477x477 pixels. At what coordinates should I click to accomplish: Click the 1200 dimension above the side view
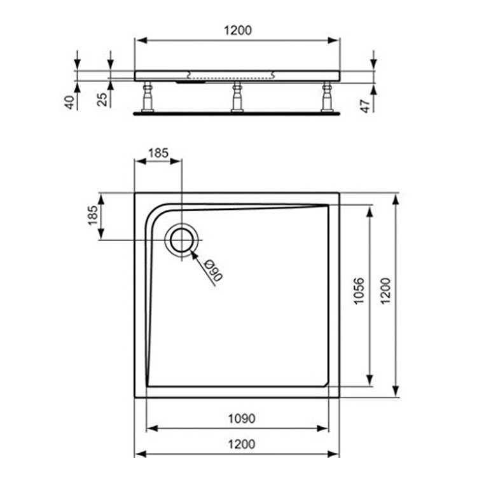click(237, 30)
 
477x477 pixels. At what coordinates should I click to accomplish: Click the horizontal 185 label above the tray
click(158, 153)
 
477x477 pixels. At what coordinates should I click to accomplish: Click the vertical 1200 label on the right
click(385, 294)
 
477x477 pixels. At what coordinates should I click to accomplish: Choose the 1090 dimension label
click(241, 418)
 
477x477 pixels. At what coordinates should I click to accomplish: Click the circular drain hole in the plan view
click(183, 240)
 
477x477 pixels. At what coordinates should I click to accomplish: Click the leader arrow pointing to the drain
click(195, 256)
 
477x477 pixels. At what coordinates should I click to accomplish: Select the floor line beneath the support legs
click(237, 114)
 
